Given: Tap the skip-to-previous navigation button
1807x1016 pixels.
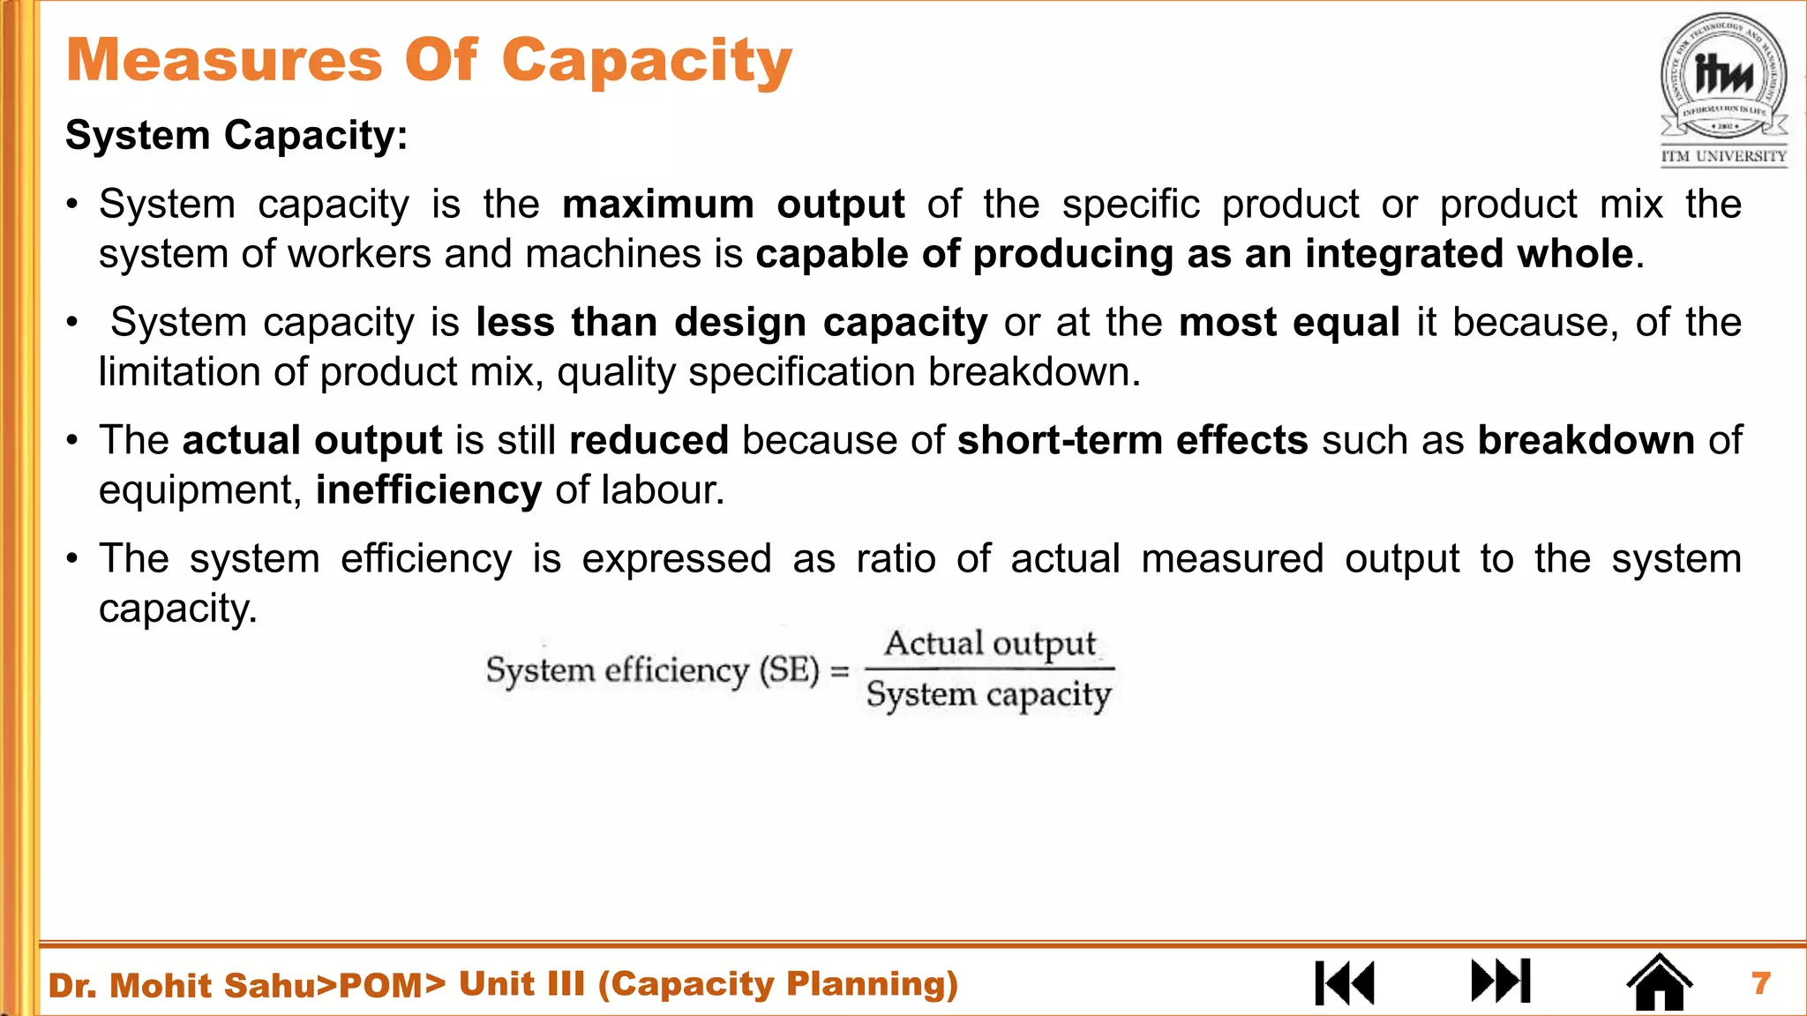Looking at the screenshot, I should [x=1345, y=982].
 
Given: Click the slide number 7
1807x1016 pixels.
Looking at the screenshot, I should [x=1761, y=982].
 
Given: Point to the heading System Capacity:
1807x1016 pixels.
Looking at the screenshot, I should [x=236, y=136].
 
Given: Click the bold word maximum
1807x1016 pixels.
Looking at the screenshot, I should [x=658, y=205].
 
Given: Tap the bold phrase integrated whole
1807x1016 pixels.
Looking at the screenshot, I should [x=1469, y=254].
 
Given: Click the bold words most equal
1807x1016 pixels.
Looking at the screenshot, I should [x=1289, y=323].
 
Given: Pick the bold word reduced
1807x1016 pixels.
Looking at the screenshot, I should [x=649, y=440].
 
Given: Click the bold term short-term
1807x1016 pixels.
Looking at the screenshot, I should [x=1059, y=440].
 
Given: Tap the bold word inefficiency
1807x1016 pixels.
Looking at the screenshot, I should [x=429, y=490].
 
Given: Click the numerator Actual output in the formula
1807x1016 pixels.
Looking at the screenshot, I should [x=990, y=645].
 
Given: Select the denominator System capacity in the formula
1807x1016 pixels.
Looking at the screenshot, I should [x=988, y=695].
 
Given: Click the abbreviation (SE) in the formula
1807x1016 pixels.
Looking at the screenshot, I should [x=789, y=670].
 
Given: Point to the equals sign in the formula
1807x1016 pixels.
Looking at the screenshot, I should [x=840, y=671].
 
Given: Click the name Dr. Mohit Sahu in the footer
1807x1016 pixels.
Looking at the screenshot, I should [x=181, y=985].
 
